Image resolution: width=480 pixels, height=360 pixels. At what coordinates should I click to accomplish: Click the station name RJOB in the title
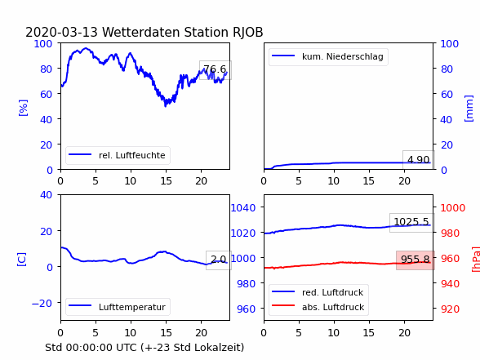[247, 32]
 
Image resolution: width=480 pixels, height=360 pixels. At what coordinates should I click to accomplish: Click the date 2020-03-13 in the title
[61, 32]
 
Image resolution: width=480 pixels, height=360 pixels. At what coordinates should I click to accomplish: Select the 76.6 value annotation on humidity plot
[216, 70]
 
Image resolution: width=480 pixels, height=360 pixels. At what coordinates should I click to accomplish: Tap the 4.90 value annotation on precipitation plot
[419, 159]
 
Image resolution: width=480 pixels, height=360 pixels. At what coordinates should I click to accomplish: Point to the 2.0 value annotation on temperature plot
[219, 260]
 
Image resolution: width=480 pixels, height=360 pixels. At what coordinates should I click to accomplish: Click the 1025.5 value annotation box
[411, 222]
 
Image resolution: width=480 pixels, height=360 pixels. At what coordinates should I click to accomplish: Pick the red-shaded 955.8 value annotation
[416, 260]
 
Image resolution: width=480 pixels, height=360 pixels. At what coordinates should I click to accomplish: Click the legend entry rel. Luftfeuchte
[118, 155]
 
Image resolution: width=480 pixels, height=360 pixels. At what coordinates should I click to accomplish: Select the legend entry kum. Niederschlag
[328, 56]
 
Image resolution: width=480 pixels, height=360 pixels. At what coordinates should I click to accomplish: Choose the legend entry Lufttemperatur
[118, 307]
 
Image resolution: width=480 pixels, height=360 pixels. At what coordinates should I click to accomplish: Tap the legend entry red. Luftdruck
[318, 292]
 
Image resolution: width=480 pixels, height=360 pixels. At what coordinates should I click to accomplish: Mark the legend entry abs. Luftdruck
[318, 307]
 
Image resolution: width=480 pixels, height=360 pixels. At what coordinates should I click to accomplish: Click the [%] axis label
[23, 108]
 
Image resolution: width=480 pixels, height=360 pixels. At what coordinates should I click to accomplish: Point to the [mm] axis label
[469, 109]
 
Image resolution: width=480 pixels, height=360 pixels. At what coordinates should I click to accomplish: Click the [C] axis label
[22, 260]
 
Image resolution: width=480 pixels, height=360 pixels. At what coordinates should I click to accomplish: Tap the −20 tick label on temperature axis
[42, 304]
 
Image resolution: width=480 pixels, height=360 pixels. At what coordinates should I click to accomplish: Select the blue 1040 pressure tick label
[243, 208]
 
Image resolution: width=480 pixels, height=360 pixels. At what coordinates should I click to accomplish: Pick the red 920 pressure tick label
[450, 309]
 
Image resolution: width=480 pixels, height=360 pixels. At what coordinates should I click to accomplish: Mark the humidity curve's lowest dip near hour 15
[166, 105]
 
